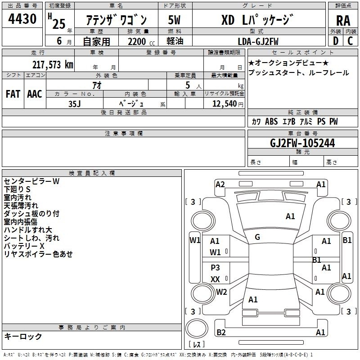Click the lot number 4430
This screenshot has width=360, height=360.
click(x=22, y=19)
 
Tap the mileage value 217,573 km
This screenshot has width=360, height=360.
click(x=53, y=64)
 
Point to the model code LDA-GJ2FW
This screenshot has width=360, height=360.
click(x=258, y=41)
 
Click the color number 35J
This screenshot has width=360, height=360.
click(x=75, y=103)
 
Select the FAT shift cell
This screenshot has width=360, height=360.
click(x=13, y=94)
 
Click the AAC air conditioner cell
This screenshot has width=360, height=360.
click(x=35, y=94)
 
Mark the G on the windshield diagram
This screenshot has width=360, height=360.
click(x=257, y=237)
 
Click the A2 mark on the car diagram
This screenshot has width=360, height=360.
click(x=220, y=184)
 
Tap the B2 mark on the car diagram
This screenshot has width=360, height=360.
click(x=221, y=333)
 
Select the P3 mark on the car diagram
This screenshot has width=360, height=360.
click(x=215, y=268)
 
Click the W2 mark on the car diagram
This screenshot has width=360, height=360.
click(x=221, y=292)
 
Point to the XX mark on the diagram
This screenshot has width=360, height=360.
click(x=215, y=279)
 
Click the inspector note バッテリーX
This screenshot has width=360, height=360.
click(x=24, y=246)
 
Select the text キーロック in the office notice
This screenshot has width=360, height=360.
click(x=23, y=336)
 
